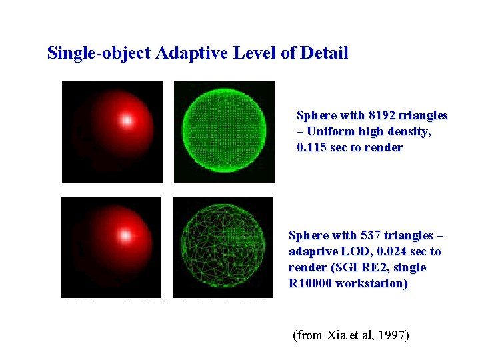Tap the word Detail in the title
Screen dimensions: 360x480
324,53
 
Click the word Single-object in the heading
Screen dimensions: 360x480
99,53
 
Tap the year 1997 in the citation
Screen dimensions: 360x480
393,335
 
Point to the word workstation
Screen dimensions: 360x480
375,283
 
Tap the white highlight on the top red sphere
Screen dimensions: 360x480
125,121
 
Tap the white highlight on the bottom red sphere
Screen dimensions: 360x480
125,236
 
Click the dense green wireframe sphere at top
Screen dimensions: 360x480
224,131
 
